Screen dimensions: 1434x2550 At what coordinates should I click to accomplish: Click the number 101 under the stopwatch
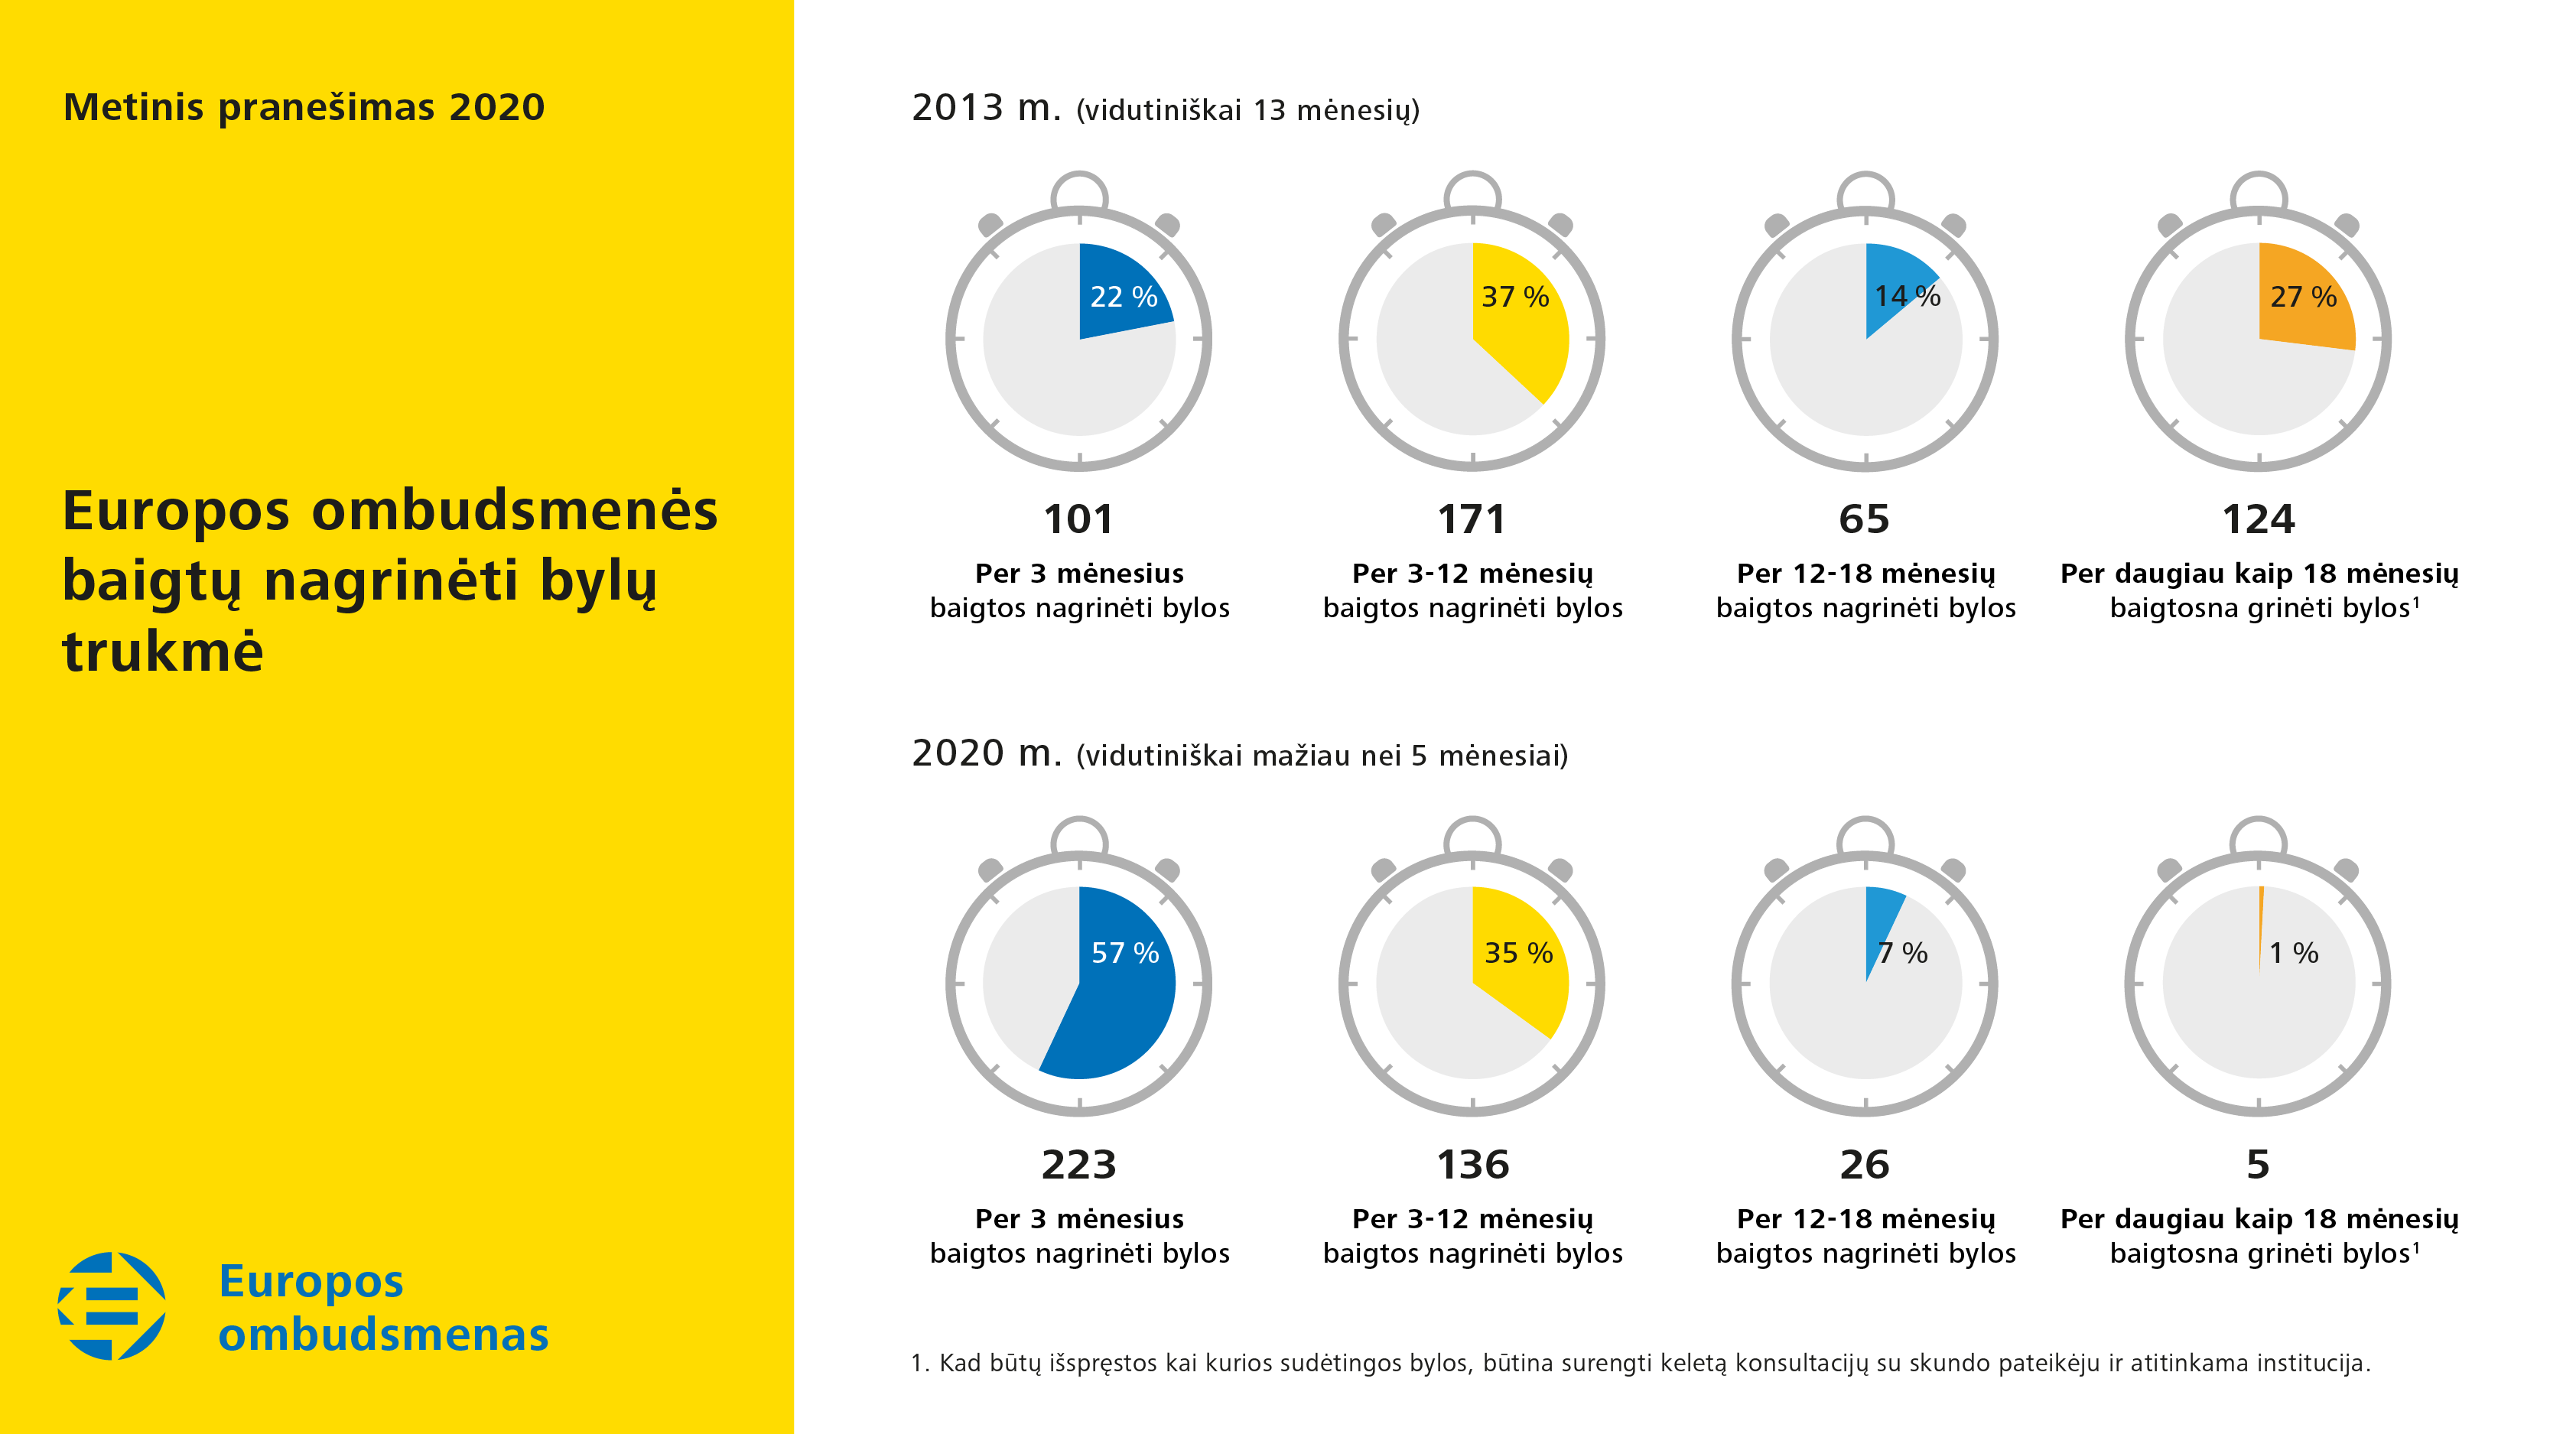pos(1078,519)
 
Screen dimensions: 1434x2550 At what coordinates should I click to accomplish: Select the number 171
pos(1471,519)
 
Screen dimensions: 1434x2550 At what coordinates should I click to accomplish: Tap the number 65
pos(1864,519)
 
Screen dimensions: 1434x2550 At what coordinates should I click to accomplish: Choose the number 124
pos(2257,519)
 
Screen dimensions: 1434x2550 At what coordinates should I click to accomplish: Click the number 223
pos(1078,1165)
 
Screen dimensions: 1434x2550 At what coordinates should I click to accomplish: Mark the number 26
pos(1864,1165)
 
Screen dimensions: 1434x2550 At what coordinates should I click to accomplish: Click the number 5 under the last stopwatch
pos(2257,1165)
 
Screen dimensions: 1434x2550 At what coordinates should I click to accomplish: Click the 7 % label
pos(1903,953)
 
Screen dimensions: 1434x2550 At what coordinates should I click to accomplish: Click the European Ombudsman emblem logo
pos(112,1306)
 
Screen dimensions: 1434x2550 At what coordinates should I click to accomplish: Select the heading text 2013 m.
pos(986,108)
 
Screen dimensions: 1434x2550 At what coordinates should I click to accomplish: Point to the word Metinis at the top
pos(134,107)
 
